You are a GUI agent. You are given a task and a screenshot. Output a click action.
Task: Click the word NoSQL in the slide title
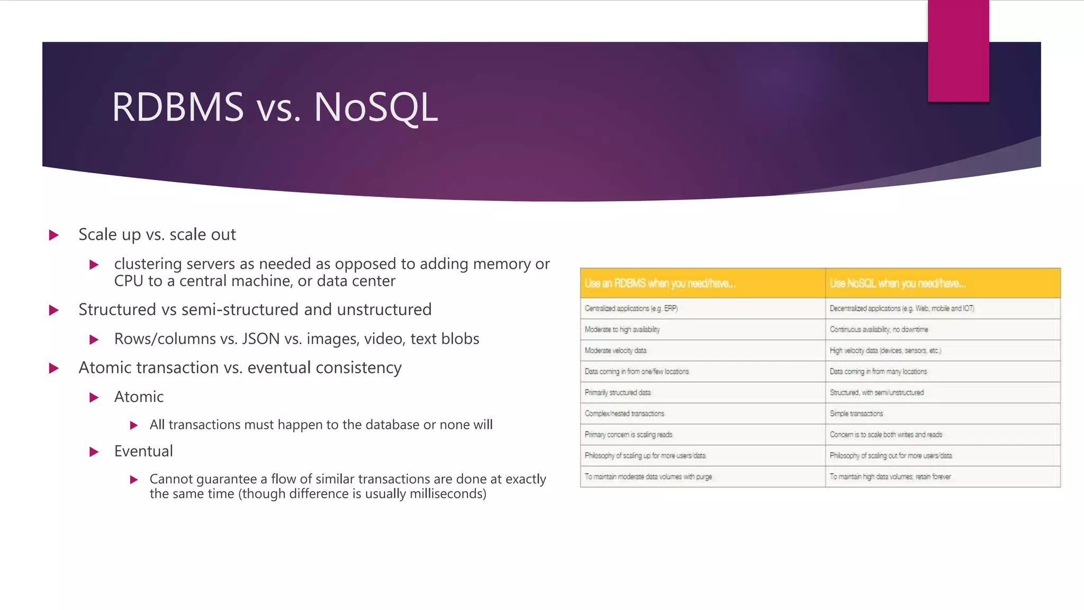[376, 107]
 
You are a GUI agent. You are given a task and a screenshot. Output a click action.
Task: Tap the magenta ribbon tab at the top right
[958, 51]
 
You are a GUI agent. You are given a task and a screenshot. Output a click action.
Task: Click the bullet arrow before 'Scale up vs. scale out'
[53, 235]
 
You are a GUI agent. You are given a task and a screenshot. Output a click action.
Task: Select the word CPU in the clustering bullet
[128, 281]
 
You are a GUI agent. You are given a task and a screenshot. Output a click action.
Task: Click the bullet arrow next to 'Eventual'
[94, 452]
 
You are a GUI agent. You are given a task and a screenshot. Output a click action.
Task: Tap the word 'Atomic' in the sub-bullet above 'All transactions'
[139, 397]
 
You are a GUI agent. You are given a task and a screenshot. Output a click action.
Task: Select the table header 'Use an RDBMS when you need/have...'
[660, 283]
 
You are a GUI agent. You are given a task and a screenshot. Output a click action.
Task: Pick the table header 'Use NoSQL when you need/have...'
[897, 283]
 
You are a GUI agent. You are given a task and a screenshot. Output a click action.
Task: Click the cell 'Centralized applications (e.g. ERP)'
[631, 308]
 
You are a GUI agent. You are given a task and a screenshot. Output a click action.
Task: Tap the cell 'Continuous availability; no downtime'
[879, 329]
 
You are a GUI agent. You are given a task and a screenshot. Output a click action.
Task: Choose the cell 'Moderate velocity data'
[615, 351]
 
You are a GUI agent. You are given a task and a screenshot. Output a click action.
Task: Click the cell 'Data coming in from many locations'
[878, 372]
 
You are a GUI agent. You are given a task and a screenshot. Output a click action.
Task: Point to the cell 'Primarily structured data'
[617, 392]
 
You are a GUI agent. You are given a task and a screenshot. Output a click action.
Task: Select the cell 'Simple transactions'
[856, 414]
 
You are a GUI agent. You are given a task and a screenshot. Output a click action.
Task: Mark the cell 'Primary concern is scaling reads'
[628, 435]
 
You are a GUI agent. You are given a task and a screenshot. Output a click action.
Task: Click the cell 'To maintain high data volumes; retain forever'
[890, 477]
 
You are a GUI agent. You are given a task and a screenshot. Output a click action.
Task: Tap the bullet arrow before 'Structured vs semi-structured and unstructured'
[53, 310]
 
